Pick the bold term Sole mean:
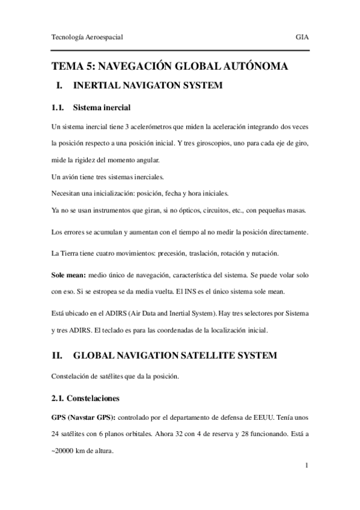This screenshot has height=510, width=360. coord(69,274)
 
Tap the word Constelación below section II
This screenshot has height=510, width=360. coord(74,377)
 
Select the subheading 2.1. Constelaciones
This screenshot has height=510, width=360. coord(89,399)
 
